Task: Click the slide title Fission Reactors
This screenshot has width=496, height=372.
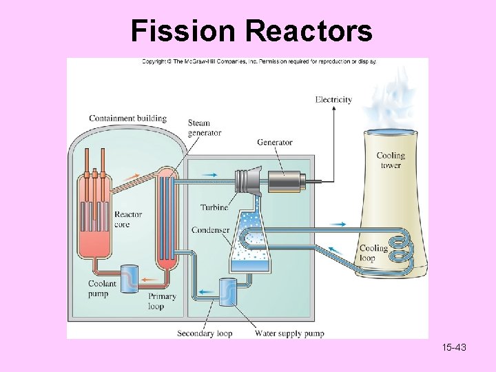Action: (x=251, y=31)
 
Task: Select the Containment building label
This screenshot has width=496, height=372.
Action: (x=127, y=118)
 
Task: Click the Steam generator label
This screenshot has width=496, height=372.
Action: (x=205, y=128)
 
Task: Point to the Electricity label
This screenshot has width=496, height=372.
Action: (x=333, y=99)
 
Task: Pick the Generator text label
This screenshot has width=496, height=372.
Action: (x=274, y=143)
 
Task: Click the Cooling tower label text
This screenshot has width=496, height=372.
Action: (x=391, y=160)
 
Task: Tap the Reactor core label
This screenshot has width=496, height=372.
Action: (x=128, y=219)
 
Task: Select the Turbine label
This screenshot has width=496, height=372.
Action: (x=214, y=207)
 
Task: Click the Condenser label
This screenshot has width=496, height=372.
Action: (x=210, y=230)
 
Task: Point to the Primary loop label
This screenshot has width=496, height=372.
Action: (x=163, y=301)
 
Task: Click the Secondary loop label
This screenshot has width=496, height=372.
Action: (x=205, y=333)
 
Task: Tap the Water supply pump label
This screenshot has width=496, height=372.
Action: (x=289, y=333)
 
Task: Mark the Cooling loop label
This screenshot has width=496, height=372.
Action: (x=373, y=253)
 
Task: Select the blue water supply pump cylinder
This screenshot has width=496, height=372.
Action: (x=227, y=292)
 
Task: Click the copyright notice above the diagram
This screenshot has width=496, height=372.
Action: (x=259, y=61)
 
